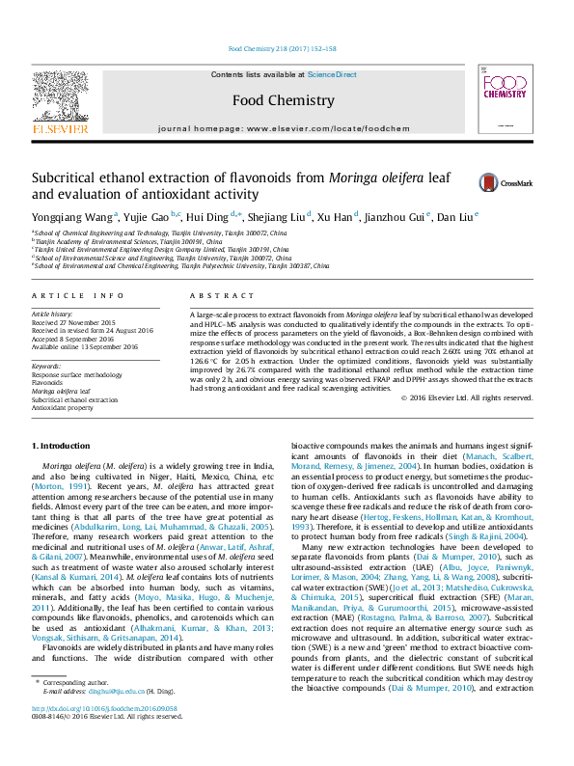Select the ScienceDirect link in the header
point(332,74)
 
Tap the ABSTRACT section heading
point(214,296)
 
